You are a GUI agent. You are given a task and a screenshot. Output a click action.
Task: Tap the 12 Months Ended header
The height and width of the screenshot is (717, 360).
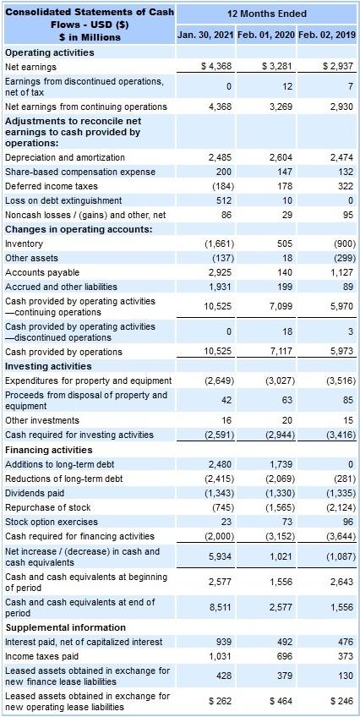pos(267,14)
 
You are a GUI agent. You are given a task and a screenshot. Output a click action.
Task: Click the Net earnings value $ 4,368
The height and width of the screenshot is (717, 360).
pos(216,66)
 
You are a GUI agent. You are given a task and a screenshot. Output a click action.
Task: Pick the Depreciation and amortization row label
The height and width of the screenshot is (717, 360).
pos(64,157)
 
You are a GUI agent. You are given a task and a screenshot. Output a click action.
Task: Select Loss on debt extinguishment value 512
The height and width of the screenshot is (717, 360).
pos(223,200)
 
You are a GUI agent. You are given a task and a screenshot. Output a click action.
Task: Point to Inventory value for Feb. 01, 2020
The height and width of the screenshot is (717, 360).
pos(283,244)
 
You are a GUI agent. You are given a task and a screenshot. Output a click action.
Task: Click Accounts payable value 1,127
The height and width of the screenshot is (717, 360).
pos(341,272)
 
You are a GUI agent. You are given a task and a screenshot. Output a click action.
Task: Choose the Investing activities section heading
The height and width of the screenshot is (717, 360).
pos(48,366)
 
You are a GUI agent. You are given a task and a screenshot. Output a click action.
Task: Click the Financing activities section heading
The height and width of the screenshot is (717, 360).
pos(50,449)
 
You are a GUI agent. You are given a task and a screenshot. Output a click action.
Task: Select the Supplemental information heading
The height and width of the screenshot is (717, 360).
pos(65,627)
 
